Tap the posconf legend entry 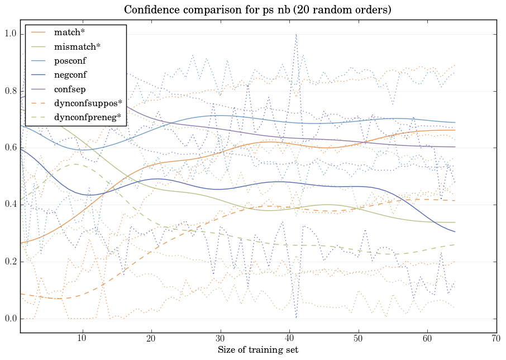click(70, 60)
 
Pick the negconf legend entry click(70, 75)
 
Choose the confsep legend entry click(69, 89)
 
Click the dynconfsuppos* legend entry click(88, 103)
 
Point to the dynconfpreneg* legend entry click(88, 117)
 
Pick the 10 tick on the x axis click(82, 339)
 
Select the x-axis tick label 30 click(220, 339)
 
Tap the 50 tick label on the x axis click(358, 339)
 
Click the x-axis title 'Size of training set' click(257, 350)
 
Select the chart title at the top click(257, 10)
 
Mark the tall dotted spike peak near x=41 click(296, 35)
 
